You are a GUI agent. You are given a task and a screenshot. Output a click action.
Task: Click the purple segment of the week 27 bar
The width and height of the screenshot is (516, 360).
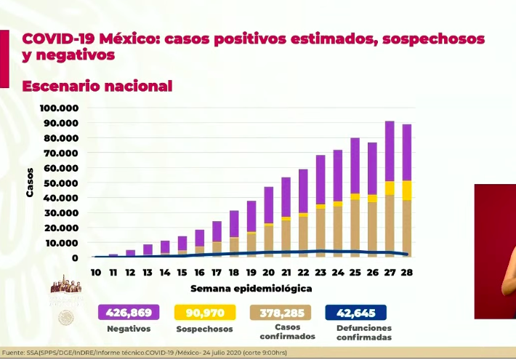390,151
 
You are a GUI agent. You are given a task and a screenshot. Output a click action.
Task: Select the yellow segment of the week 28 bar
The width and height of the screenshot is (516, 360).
408,190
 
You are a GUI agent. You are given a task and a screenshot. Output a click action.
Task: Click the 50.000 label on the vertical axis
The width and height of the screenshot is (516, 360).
62,183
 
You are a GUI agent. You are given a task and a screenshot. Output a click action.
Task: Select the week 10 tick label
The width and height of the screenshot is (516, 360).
95,272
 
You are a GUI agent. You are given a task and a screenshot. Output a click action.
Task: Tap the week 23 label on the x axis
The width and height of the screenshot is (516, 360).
321,272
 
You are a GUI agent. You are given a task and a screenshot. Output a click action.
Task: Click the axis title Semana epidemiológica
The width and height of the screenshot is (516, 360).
251,288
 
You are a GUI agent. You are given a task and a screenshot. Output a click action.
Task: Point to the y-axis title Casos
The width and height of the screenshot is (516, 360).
31,182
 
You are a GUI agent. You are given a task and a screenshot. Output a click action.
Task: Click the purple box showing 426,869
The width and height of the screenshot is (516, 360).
129,313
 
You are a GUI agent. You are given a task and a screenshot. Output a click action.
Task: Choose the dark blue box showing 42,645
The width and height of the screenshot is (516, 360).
357,313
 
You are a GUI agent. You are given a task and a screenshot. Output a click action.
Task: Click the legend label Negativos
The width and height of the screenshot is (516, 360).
129,328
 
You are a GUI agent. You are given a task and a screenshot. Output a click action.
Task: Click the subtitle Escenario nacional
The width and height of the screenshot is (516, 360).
97,86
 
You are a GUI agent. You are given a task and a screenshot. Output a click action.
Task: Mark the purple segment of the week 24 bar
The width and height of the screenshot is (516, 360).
338,175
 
